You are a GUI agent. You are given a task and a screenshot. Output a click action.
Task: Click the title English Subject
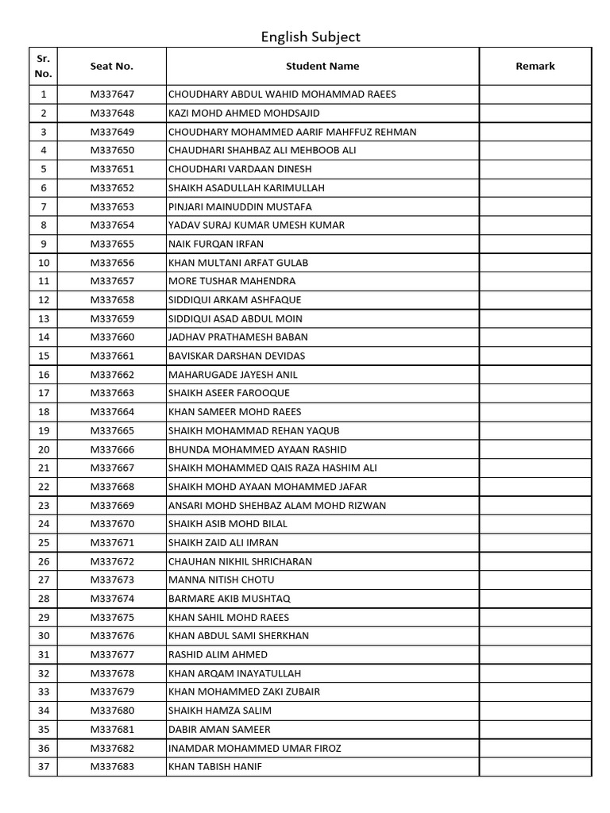pyautogui.click(x=311, y=37)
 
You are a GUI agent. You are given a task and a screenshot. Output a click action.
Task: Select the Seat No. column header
pyautogui.click(x=111, y=67)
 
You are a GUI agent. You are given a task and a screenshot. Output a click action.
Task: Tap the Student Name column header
pyautogui.click(x=322, y=67)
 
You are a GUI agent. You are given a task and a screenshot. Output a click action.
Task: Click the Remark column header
pyautogui.click(x=535, y=67)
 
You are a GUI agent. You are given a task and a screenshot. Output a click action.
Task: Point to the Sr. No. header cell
pyautogui.click(x=44, y=67)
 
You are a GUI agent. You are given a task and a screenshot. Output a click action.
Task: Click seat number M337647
pyautogui.click(x=112, y=94)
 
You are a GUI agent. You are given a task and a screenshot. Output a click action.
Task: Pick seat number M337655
pyautogui.click(x=112, y=244)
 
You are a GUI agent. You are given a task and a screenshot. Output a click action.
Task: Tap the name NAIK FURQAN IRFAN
pyautogui.click(x=216, y=244)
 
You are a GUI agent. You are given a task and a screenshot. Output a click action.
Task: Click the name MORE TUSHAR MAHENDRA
pyautogui.click(x=232, y=281)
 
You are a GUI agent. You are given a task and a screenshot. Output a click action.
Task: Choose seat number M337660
pyautogui.click(x=112, y=337)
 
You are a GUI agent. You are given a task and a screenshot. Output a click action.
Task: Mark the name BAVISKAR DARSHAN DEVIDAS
pyautogui.click(x=237, y=356)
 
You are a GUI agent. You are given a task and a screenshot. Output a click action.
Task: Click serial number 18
pyautogui.click(x=44, y=412)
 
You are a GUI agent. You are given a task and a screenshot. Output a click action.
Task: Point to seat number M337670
pyautogui.click(x=112, y=524)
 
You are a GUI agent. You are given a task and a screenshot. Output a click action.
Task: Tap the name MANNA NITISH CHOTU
pyautogui.click(x=222, y=580)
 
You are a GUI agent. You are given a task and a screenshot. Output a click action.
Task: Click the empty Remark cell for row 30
pyautogui.click(x=535, y=636)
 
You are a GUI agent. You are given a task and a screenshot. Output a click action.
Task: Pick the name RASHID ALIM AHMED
pyautogui.click(x=218, y=655)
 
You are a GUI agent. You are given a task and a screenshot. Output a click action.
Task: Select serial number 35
pyautogui.click(x=44, y=730)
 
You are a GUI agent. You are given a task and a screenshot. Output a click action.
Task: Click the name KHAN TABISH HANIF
pyautogui.click(x=215, y=767)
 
